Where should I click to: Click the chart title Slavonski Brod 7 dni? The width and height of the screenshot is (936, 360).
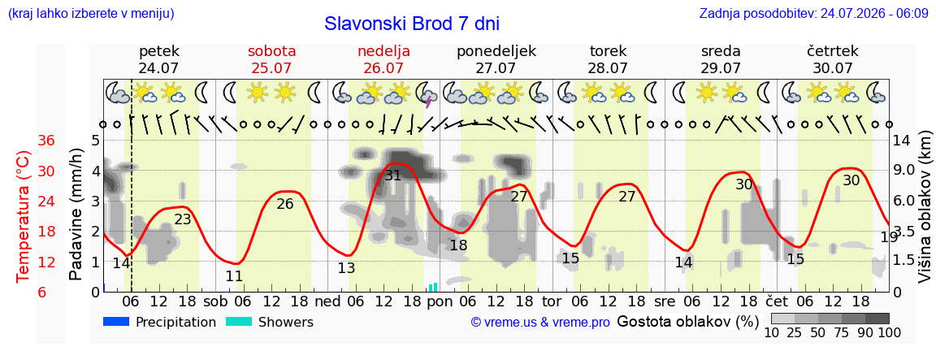point(412,24)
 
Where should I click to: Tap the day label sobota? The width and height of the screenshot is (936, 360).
point(272,50)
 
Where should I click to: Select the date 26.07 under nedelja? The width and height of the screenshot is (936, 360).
point(383,68)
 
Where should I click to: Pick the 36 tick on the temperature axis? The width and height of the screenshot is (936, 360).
point(46,141)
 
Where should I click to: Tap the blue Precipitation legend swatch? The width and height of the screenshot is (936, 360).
point(116,322)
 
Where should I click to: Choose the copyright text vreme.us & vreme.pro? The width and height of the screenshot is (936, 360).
point(540,322)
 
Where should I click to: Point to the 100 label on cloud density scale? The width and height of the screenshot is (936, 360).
point(889,332)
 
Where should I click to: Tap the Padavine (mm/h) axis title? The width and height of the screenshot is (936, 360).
point(76,215)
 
